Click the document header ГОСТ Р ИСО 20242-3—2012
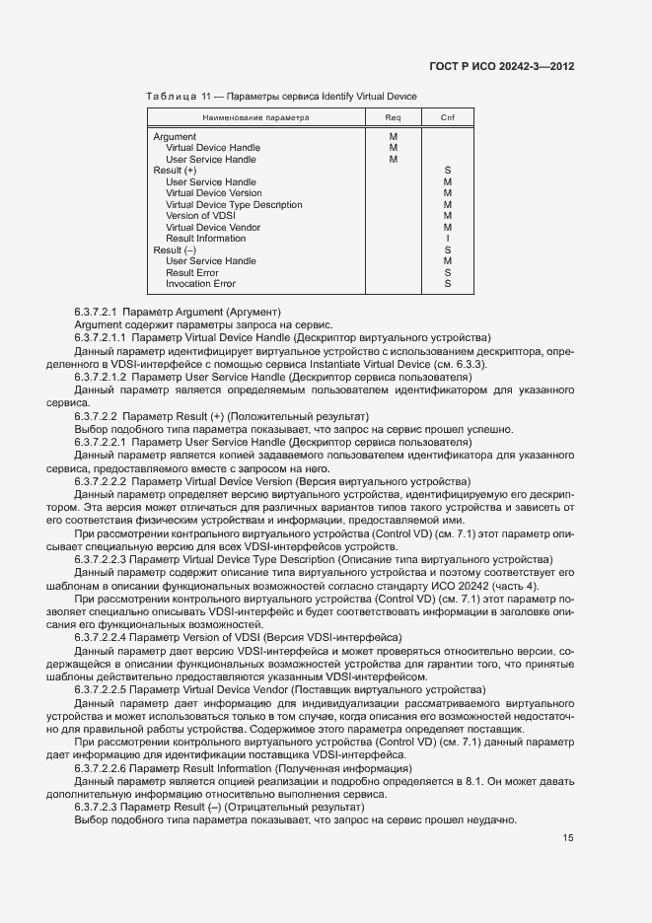517,66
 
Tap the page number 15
568,838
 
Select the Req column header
393,117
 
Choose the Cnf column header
447,117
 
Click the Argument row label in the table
175,136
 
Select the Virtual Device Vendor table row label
213,227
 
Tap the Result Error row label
192,272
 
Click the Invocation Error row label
200,284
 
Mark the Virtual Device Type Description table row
234,204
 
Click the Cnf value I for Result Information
448,239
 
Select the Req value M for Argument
393,136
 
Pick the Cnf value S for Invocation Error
448,284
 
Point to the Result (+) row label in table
175,171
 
